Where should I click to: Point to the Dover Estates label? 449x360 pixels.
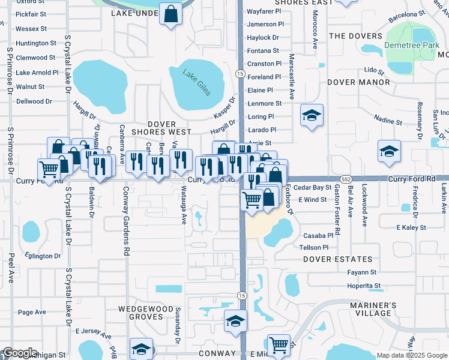pos(338,259)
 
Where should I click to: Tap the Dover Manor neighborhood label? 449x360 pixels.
pos(358,82)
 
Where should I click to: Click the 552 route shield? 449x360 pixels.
pos(345,179)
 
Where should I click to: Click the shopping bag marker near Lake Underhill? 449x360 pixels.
pos(170,13)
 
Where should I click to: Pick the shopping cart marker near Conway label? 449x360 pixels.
pos(279,346)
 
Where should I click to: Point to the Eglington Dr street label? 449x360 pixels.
pos(43,256)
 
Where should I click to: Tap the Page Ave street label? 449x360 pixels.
pos(32,312)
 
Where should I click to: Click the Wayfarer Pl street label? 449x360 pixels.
pos(264,11)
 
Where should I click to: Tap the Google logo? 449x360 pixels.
pos(20,353)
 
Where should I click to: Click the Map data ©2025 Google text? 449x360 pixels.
pos(411,355)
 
